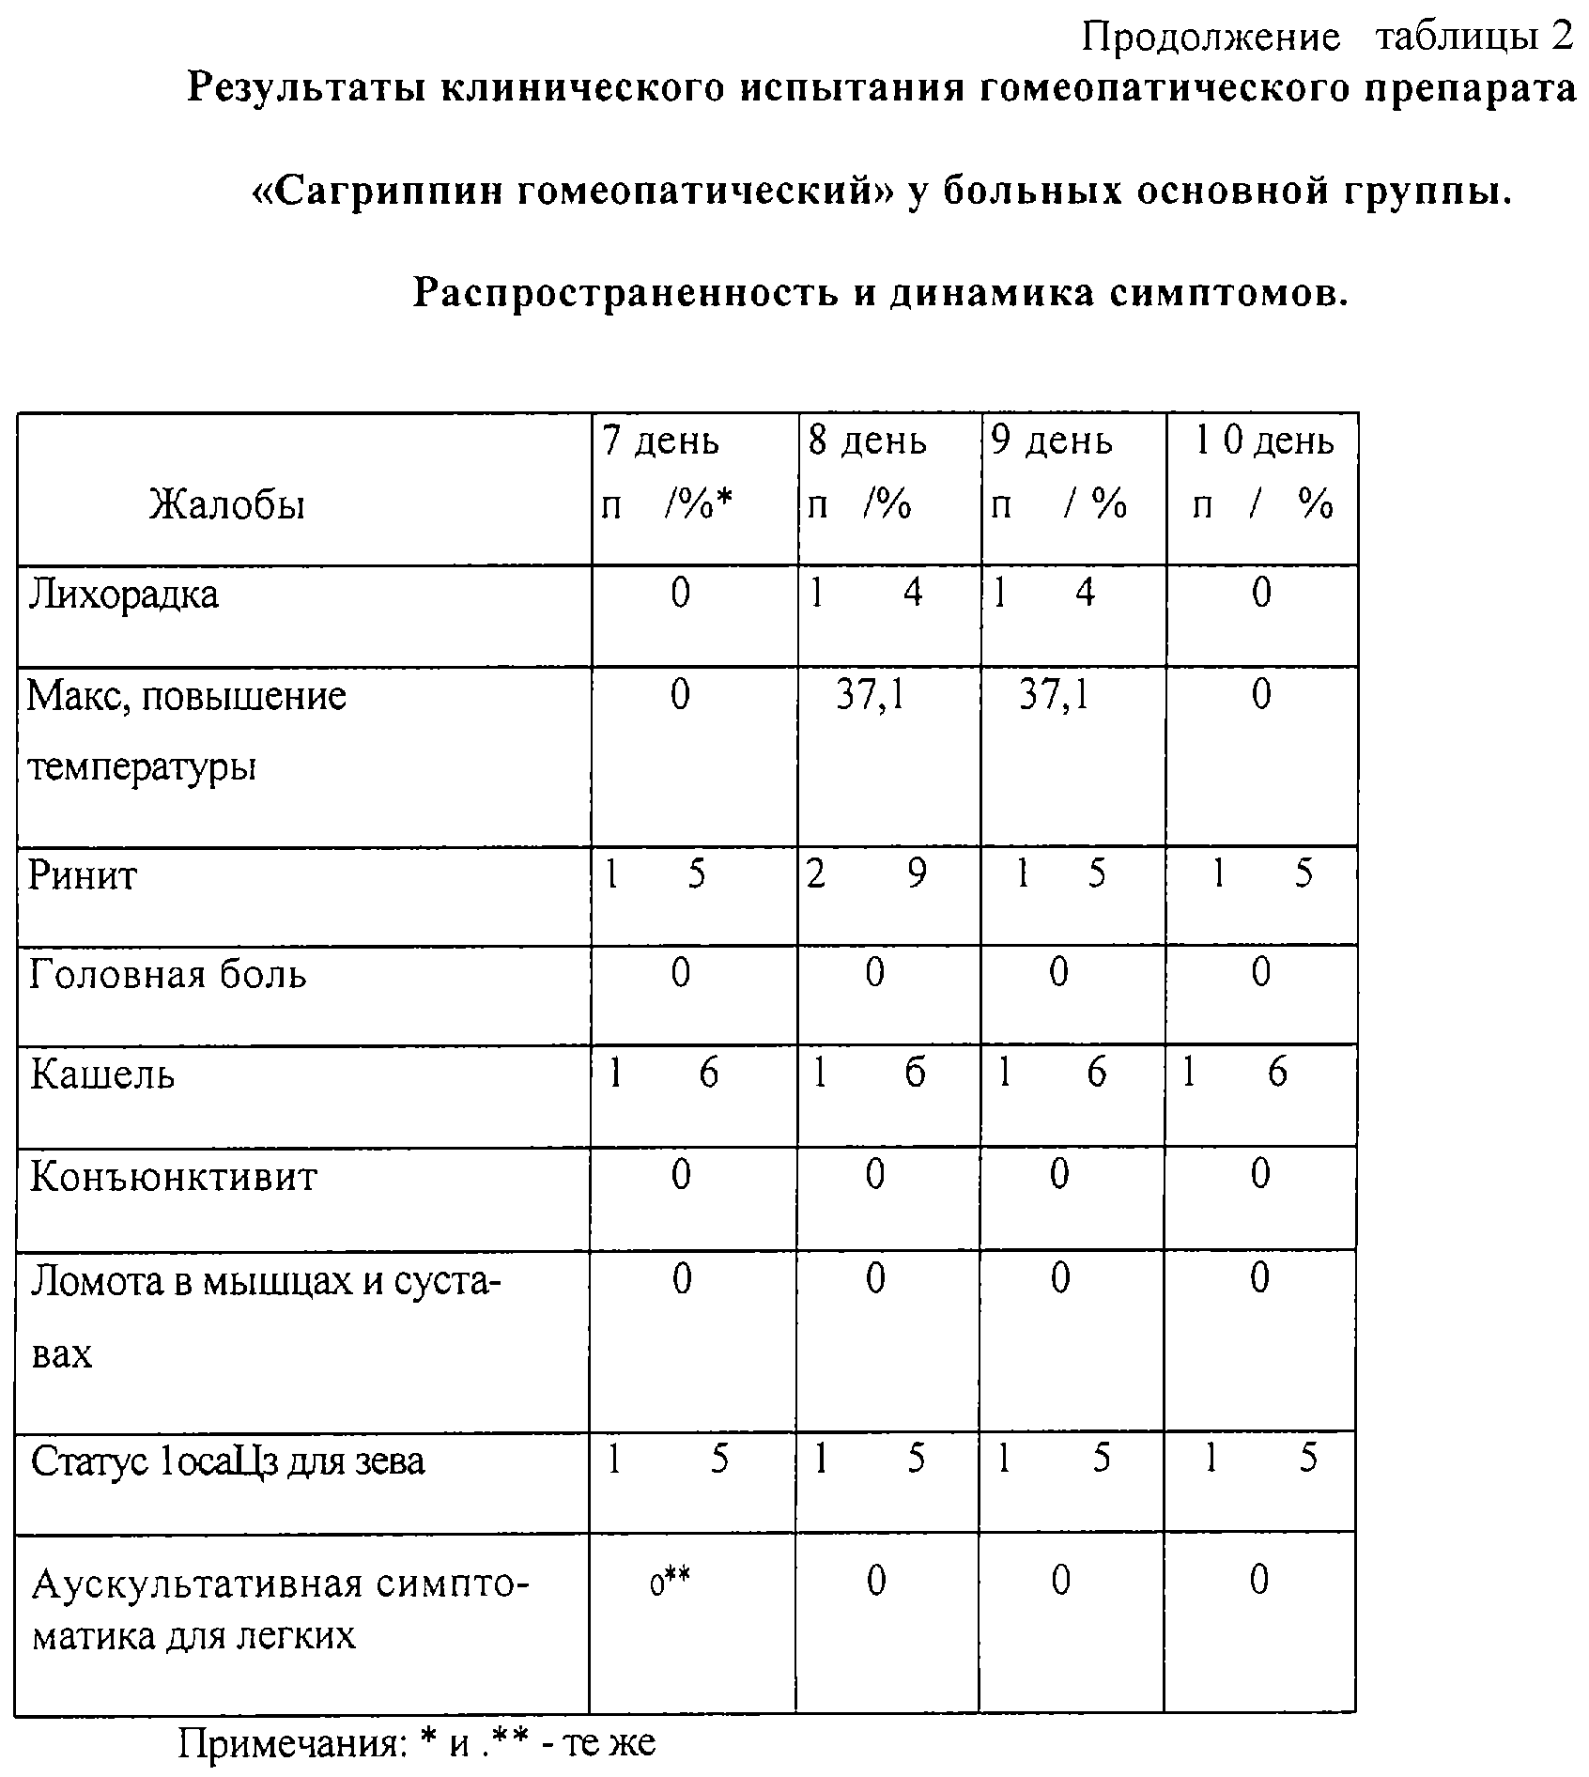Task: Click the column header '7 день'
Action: pos(660,440)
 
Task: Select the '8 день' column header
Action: pos(867,440)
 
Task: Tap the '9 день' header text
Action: pos(1052,440)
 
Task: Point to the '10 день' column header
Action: pos(1264,440)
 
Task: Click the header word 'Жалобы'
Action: pos(227,505)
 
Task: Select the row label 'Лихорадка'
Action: pos(123,595)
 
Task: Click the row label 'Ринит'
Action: pos(83,875)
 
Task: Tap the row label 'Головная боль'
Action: pos(167,974)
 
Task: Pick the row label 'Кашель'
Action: pos(102,1074)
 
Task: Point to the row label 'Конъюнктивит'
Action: pos(174,1177)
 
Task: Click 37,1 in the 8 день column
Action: pos(871,696)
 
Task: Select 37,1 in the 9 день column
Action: pos(1054,696)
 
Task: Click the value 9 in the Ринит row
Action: pos(917,873)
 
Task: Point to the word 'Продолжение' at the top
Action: pos(1211,39)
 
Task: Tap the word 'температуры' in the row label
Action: pos(142,768)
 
